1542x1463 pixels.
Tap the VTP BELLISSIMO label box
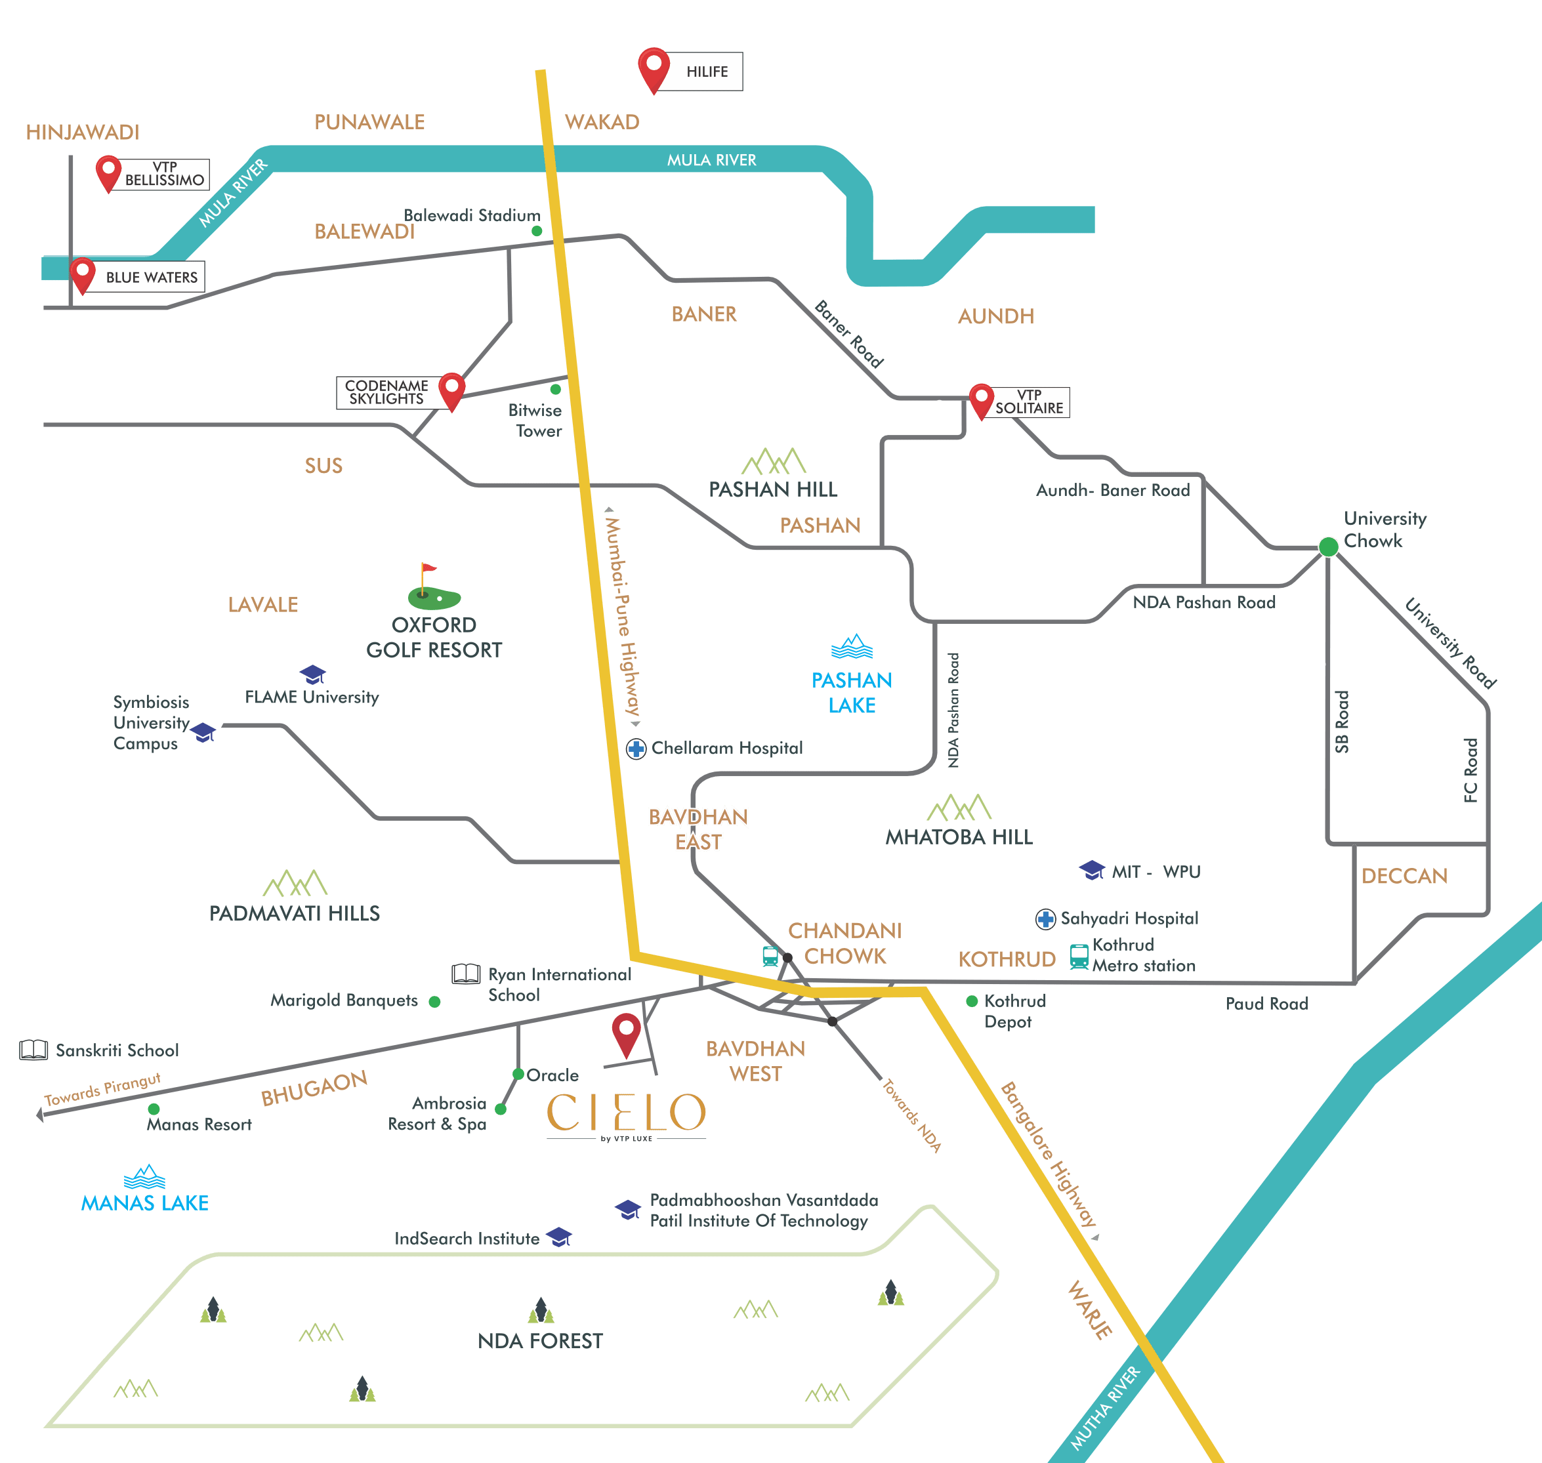165,174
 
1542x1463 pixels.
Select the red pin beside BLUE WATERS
82,274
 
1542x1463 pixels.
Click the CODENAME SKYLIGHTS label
387,392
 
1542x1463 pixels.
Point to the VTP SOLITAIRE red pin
980,400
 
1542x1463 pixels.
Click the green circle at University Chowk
1328,546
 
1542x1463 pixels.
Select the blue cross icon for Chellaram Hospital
636,749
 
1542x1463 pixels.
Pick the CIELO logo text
627,1112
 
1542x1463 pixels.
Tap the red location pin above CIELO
627,1033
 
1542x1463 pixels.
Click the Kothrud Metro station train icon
1079,956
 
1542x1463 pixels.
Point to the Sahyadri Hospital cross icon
1045,919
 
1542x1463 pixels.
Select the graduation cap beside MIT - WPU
1092,871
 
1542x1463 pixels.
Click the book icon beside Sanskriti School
33,1050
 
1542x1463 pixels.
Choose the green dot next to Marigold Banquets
434,1001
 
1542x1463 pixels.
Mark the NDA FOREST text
540,1340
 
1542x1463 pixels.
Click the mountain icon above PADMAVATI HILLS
295,883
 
